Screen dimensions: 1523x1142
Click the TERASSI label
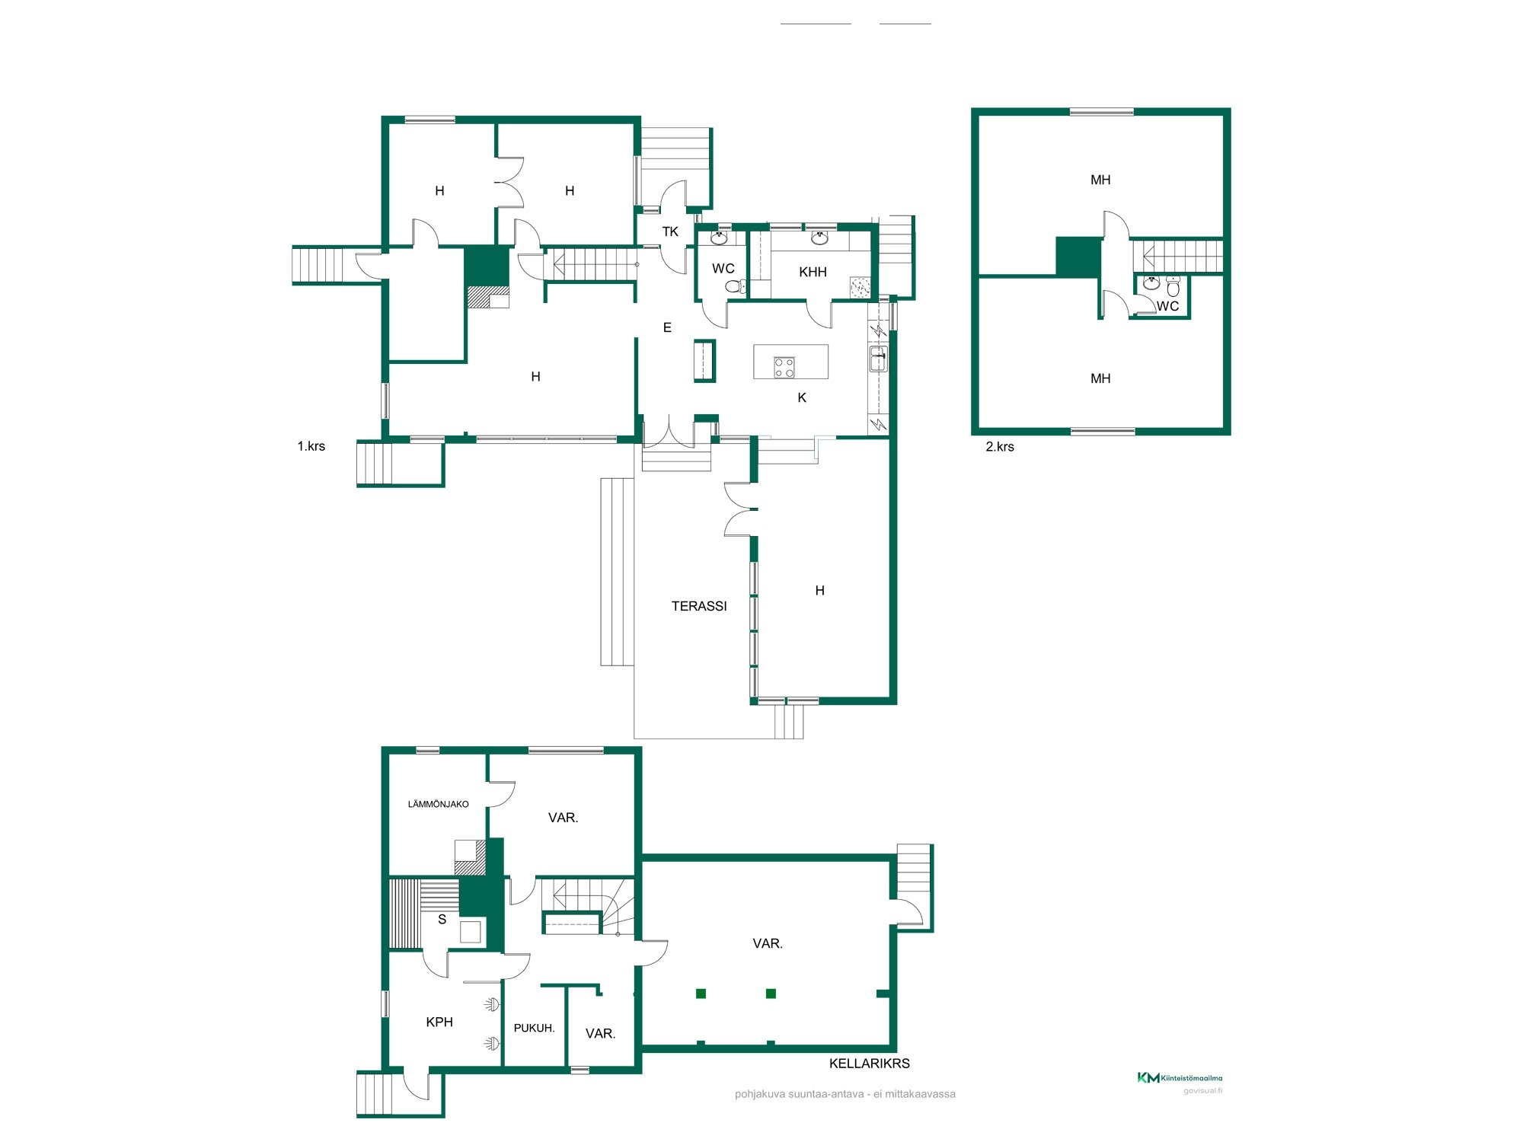pyautogui.click(x=699, y=606)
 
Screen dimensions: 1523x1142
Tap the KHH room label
pyautogui.click(x=813, y=272)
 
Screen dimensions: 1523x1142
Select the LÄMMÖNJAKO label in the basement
pyautogui.click(x=438, y=804)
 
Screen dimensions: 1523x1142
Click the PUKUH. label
pyautogui.click(x=534, y=1028)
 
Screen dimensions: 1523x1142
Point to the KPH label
pyautogui.click(x=439, y=1022)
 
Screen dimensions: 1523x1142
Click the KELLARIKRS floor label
pyautogui.click(x=869, y=1064)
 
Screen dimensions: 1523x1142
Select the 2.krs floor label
pyautogui.click(x=1000, y=447)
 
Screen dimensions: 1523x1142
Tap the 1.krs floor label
pyautogui.click(x=311, y=446)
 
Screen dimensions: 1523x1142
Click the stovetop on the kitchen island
pyautogui.click(x=784, y=368)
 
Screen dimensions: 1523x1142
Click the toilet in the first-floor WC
pyautogui.click(x=736, y=286)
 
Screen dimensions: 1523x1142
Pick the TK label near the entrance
pyautogui.click(x=670, y=231)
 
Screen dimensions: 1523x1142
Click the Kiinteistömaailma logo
pyautogui.click(x=1180, y=1077)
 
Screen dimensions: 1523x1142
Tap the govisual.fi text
pyautogui.click(x=1202, y=1091)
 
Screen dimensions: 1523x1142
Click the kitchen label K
pyautogui.click(x=802, y=397)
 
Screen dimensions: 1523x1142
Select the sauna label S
pyautogui.click(x=442, y=920)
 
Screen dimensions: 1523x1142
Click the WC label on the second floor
pyautogui.click(x=1167, y=306)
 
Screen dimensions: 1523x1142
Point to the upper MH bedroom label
pyautogui.click(x=1100, y=180)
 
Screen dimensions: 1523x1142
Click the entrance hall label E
pyautogui.click(x=667, y=327)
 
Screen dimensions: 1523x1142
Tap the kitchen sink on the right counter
pyautogui.click(x=878, y=359)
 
